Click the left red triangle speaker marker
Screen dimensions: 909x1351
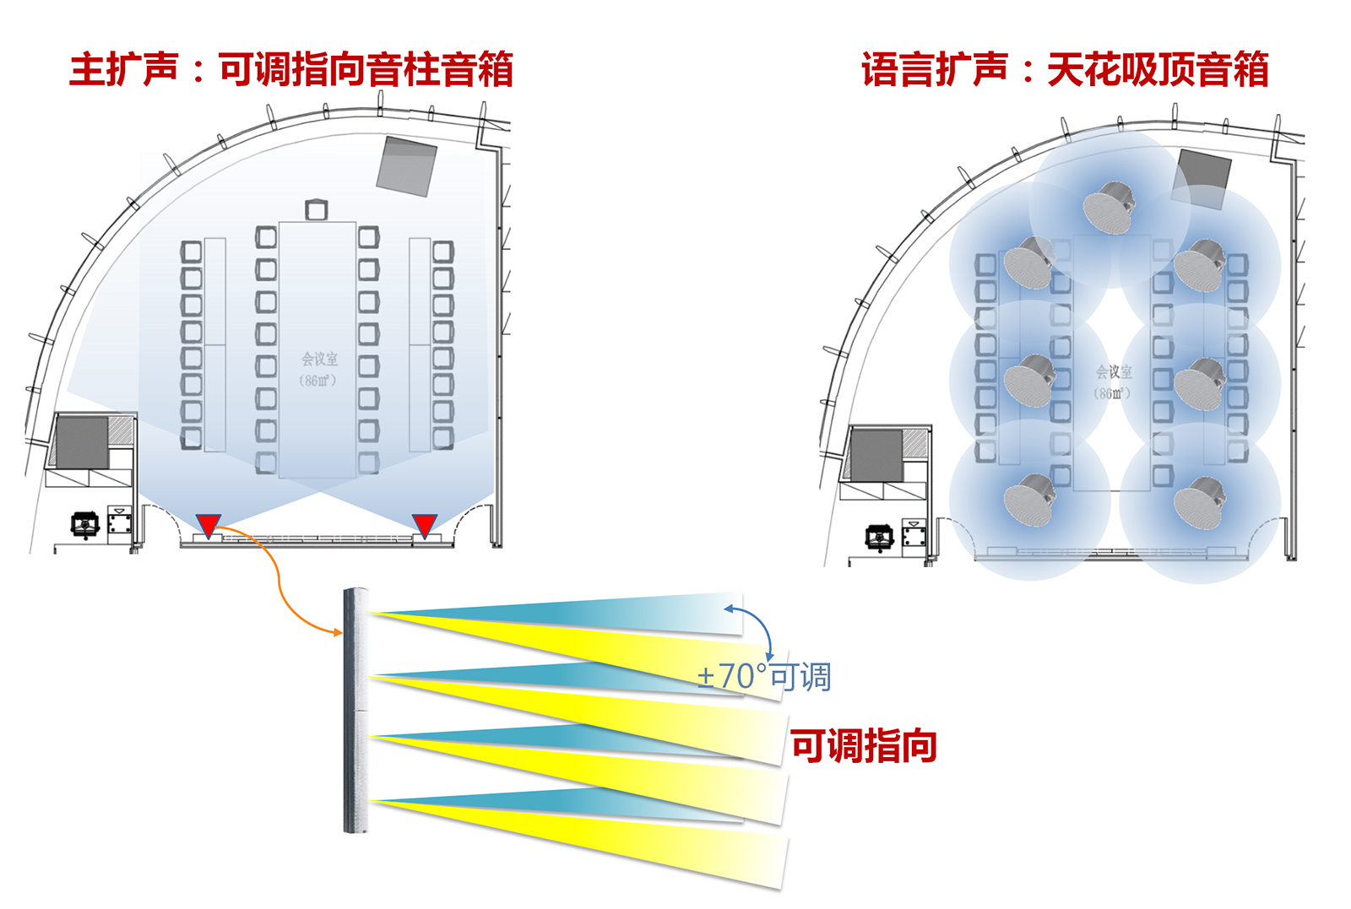(209, 524)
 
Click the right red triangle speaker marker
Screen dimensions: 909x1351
(424, 524)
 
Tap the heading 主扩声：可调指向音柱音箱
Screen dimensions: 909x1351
(291, 69)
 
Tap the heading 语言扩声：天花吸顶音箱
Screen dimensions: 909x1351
(1065, 69)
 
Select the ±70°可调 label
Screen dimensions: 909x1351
(764, 677)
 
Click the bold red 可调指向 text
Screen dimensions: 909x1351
(864, 746)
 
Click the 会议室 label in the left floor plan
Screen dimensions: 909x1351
(319, 360)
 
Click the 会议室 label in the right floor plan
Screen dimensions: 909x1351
(1114, 372)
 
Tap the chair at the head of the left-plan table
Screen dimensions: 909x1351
(316, 208)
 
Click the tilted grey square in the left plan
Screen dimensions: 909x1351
(407, 166)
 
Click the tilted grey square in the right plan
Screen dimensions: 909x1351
(1202, 178)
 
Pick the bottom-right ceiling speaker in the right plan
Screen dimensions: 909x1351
(1199, 502)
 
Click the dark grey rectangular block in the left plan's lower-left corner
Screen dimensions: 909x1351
(82, 442)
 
